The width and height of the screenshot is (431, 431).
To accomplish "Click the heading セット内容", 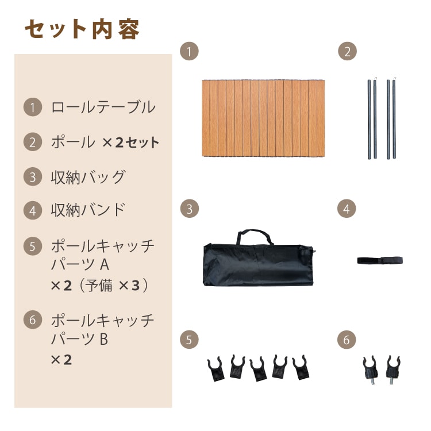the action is tap(82, 29).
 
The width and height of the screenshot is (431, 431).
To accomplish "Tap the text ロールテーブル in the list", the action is tap(103, 107).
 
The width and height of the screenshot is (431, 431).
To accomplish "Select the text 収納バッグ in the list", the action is tap(88, 177).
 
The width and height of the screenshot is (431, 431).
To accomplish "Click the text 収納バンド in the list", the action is tap(88, 210).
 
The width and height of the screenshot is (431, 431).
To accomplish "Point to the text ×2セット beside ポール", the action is tap(131, 143).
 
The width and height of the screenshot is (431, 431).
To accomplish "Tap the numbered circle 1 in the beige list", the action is tap(33, 107).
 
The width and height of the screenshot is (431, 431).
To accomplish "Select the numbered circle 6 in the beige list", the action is tap(33, 320).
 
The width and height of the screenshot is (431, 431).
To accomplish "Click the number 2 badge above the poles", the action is tap(347, 51).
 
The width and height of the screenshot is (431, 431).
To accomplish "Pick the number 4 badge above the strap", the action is tap(347, 209).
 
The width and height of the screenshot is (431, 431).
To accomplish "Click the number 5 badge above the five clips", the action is tap(189, 340).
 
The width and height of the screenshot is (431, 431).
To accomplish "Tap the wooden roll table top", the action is tap(263, 118).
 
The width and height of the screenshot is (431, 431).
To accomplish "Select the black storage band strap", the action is tap(380, 260).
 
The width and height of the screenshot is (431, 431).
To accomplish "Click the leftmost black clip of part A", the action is tap(215, 369).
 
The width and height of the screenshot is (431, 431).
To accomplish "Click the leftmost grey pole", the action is tap(369, 120).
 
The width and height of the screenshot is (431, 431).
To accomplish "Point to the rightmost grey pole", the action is tap(394, 118).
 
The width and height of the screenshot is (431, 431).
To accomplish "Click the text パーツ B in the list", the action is tap(79, 339).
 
